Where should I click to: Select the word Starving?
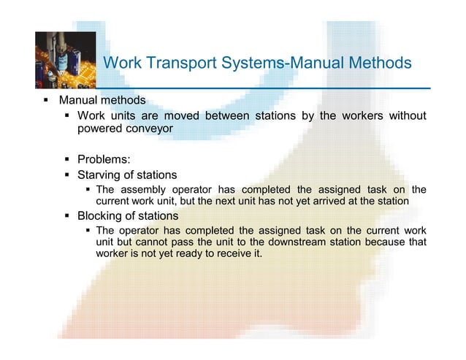click(102, 175)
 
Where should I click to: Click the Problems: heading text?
click(104, 158)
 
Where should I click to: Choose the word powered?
click(99, 129)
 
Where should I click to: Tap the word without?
click(405, 115)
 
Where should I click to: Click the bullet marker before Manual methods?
click(45, 100)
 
